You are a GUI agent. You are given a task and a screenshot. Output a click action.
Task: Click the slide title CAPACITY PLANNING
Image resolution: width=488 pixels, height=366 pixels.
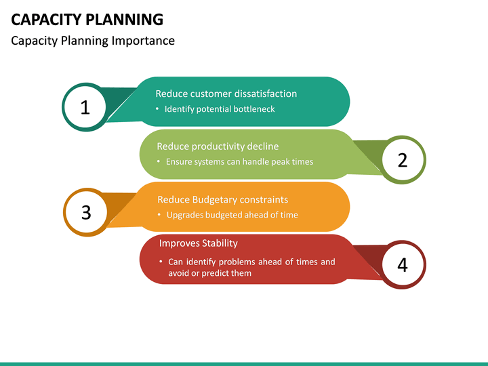tap(87, 18)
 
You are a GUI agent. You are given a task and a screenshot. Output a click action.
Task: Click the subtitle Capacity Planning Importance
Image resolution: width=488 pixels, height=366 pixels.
tap(93, 41)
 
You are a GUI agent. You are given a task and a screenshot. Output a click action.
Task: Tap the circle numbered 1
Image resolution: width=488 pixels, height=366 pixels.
tap(85, 107)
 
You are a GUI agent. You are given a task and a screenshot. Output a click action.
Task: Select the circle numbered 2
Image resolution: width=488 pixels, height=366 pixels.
tap(403, 160)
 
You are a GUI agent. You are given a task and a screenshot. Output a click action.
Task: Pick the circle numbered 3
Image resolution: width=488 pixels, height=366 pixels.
tap(86, 213)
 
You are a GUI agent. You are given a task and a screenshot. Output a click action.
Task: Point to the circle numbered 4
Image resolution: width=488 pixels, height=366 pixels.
tap(403, 265)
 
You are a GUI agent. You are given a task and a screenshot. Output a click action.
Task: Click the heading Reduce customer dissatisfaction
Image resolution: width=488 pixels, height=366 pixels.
tap(226, 94)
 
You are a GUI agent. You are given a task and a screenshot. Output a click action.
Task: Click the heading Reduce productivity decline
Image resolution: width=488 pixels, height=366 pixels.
tap(218, 146)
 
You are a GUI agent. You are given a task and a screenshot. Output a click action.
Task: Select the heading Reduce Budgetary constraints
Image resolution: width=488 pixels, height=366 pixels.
tap(222, 199)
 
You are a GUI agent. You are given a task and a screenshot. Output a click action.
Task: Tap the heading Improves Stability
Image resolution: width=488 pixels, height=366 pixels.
tap(198, 243)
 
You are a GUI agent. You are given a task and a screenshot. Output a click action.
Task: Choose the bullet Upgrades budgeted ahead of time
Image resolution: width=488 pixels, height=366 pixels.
tap(232, 215)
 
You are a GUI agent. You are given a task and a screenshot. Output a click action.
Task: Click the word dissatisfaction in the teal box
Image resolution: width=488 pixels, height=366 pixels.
tap(265, 94)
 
